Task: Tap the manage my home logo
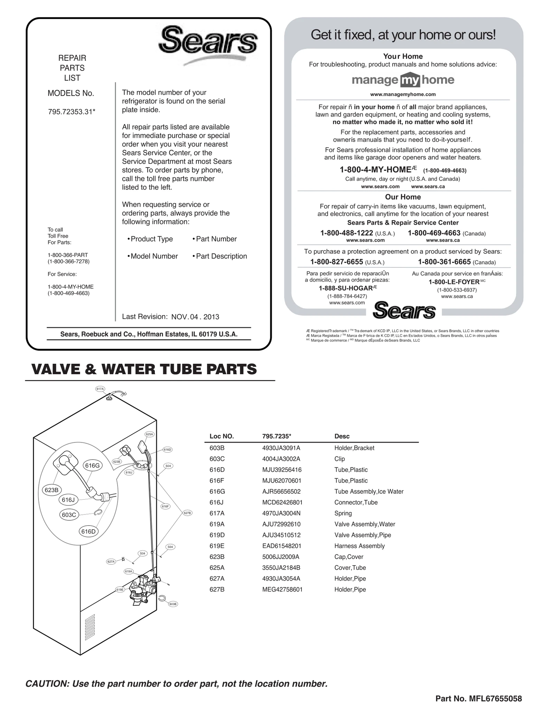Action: point(403,80)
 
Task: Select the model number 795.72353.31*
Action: point(72,112)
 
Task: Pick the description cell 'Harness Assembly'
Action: point(359,546)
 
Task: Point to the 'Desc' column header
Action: point(342,436)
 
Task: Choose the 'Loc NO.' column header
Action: point(222,436)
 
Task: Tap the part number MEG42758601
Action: point(282,589)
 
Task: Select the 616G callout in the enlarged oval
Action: point(92,465)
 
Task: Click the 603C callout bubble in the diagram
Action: point(69,515)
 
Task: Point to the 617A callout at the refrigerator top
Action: point(100,389)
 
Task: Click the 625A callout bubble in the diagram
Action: point(149,434)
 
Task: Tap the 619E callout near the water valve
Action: point(120,590)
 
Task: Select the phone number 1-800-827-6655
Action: point(336,262)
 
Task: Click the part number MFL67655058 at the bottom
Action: point(495,699)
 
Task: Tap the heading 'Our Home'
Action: point(403,197)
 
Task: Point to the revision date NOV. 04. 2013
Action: point(195,317)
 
